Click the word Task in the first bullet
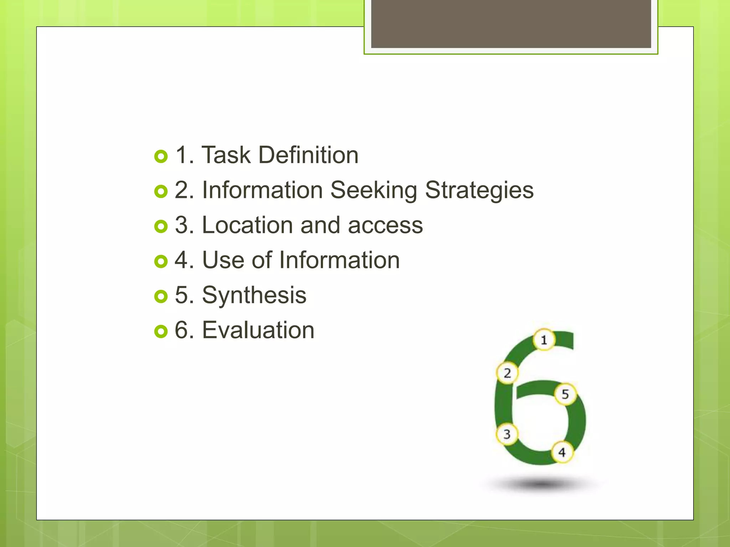(226, 155)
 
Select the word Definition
(308, 155)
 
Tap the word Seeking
(374, 190)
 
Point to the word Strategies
(479, 190)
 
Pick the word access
(385, 226)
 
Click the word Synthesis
(254, 295)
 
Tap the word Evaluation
(258, 330)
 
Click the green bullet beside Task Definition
(161, 156)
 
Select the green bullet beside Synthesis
(161, 296)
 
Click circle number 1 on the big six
(544, 340)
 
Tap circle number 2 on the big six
(507, 373)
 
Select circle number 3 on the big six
(507, 434)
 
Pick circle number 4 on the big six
(562, 452)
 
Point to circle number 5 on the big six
(565, 394)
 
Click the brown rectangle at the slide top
(511, 24)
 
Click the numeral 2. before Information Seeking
(184, 190)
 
